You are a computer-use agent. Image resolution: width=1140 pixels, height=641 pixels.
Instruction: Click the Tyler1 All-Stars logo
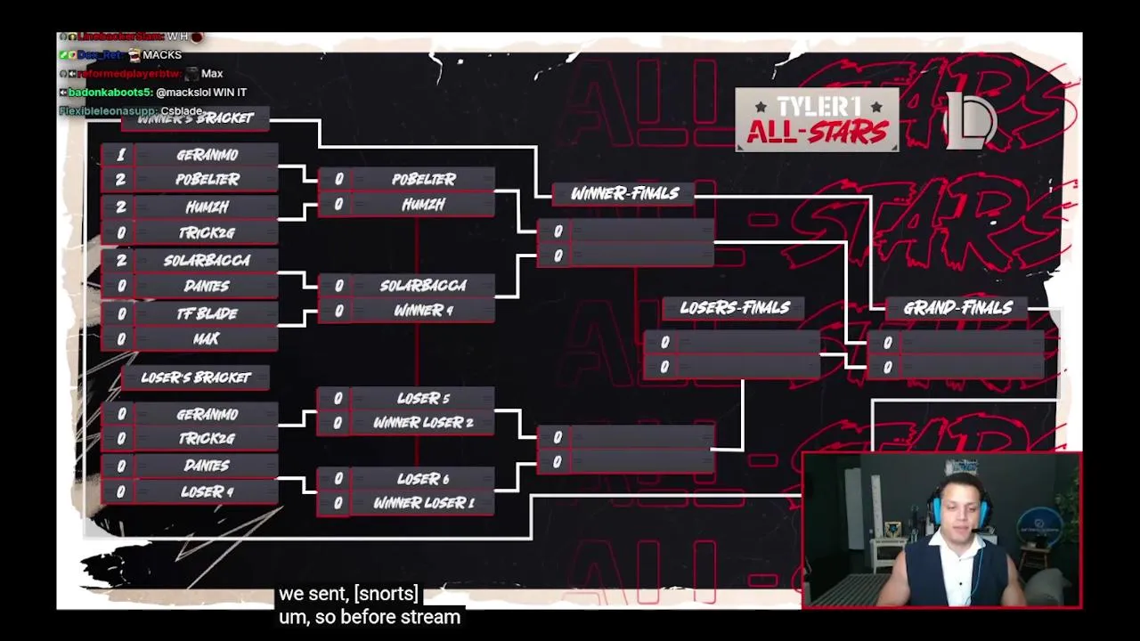pos(817,120)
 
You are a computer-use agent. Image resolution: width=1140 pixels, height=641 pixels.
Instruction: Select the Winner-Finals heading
pos(624,193)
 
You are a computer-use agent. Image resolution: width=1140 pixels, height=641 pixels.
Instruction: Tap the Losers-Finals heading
pos(735,308)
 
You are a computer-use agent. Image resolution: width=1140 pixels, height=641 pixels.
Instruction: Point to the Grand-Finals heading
pos(957,308)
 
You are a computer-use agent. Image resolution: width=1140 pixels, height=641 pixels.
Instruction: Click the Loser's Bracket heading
pos(196,377)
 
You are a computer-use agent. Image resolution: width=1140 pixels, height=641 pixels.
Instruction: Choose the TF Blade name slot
pos(207,313)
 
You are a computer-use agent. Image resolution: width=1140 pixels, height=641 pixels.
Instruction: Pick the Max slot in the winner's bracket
pos(207,339)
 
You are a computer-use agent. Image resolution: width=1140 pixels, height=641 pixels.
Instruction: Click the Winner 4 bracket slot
pos(423,311)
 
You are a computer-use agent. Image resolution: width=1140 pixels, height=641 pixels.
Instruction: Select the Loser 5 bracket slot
pos(423,398)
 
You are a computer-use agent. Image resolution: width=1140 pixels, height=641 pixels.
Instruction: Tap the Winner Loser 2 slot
pos(423,423)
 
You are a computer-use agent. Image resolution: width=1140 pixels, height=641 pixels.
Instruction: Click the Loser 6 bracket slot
pos(423,479)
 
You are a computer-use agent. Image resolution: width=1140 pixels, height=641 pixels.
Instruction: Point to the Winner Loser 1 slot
pos(423,503)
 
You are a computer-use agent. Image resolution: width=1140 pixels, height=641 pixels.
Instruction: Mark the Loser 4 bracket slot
pos(207,491)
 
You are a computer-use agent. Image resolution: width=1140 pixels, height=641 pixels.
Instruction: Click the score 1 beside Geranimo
pos(121,155)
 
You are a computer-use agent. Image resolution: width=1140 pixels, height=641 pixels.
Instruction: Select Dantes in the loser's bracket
pos(207,466)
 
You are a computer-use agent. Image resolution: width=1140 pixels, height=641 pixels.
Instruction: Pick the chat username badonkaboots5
pos(110,93)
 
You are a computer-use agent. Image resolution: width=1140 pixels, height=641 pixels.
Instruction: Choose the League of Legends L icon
pos(971,120)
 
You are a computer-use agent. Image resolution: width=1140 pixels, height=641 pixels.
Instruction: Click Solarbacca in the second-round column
pos(423,286)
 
